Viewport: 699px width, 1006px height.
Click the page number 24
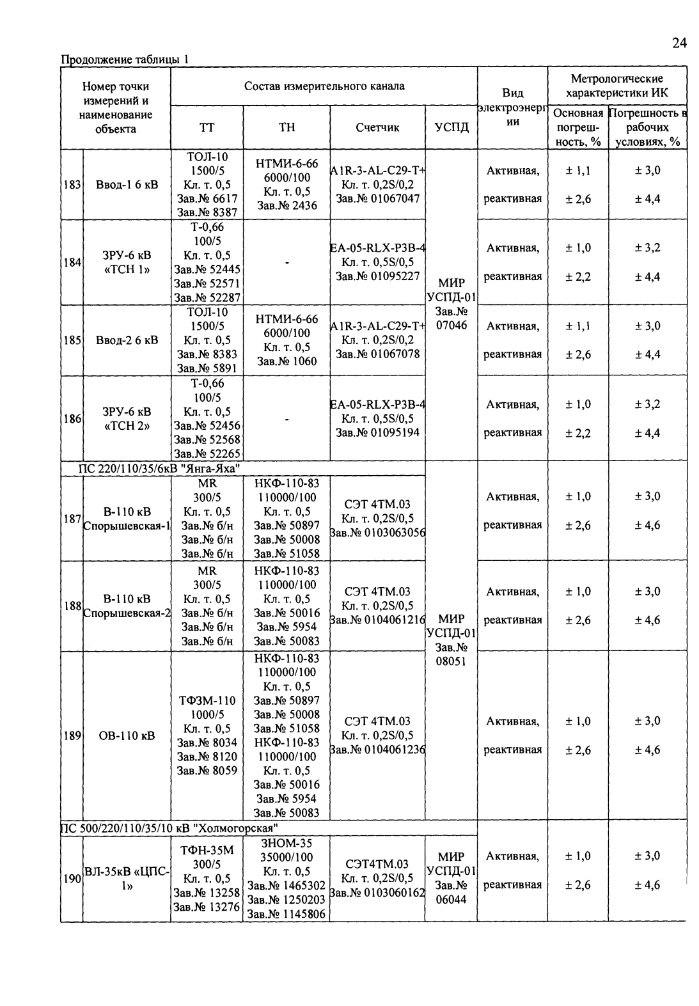tap(679, 43)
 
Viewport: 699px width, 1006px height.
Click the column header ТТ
tap(207, 127)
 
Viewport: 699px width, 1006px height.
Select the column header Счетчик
tap(377, 127)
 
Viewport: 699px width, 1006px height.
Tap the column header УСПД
tap(451, 127)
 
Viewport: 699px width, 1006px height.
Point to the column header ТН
tap(287, 127)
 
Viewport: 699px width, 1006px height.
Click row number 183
tap(72, 185)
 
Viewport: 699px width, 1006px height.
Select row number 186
tap(72, 419)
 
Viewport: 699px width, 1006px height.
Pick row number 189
tap(72, 736)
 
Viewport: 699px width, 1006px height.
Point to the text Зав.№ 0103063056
tap(377, 533)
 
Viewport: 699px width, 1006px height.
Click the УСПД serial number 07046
tap(452, 326)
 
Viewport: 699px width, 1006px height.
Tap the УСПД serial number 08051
tap(452, 661)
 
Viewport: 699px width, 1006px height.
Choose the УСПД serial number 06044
tap(452, 899)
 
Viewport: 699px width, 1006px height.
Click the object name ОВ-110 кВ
tap(127, 736)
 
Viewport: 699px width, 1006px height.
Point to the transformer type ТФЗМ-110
tap(207, 701)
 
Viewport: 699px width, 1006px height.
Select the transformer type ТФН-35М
tap(207, 851)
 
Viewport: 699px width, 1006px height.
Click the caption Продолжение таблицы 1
tap(125, 60)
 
